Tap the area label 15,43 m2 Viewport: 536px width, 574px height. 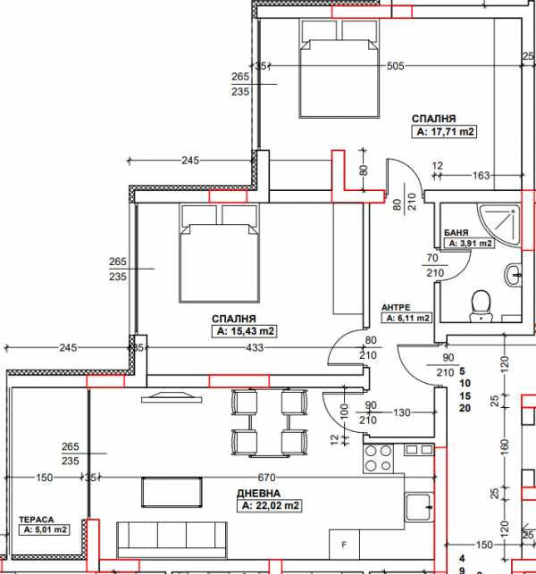coord(243,331)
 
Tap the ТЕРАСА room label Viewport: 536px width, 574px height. coord(36,519)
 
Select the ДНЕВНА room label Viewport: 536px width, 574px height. coord(259,493)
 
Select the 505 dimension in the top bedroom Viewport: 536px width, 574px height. coord(396,65)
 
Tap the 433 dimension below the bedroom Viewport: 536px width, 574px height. coord(255,347)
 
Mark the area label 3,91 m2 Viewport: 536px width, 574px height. coord(469,242)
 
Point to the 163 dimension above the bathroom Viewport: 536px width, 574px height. coord(482,176)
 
